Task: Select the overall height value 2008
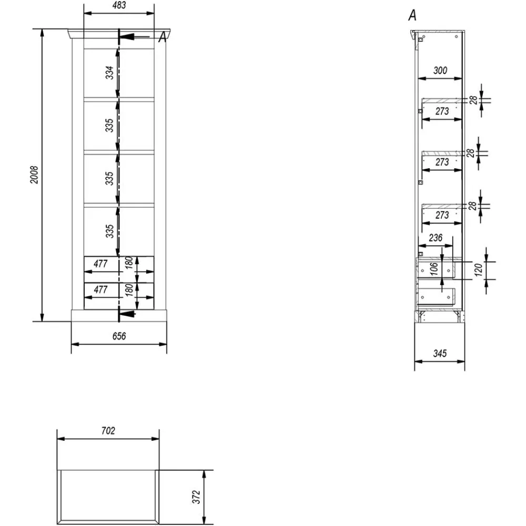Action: [x=34, y=175]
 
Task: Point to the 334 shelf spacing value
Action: [x=109, y=73]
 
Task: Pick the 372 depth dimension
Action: [x=197, y=498]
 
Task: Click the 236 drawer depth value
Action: [x=436, y=238]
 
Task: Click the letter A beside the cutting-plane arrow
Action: [x=163, y=36]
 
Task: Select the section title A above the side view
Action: [x=413, y=16]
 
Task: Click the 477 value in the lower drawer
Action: [x=100, y=289]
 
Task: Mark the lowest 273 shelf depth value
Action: [x=442, y=215]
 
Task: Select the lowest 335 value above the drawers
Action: [x=109, y=230]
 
